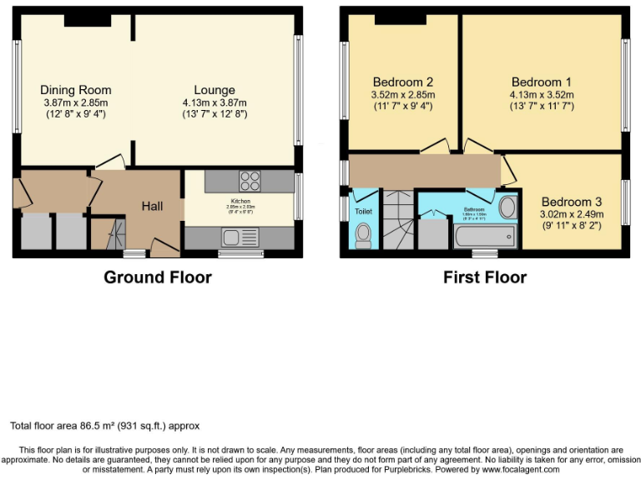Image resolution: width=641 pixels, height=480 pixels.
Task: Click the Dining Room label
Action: click(x=76, y=90)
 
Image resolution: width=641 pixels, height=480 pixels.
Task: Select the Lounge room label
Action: click(x=215, y=90)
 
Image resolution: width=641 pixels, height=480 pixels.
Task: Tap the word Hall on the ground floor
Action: click(x=152, y=207)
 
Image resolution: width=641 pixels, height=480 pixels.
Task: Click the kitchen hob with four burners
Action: click(x=250, y=181)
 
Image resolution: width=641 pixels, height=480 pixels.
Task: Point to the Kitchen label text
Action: click(x=240, y=201)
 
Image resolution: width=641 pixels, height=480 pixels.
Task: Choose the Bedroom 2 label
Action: click(x=402, y=82)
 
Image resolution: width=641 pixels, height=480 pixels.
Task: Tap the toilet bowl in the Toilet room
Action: click(x=363, y=237)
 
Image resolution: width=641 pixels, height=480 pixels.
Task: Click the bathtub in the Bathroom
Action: click(x=485, y=238)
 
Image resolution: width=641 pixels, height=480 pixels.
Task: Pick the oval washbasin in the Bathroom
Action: click(x=506, y=207)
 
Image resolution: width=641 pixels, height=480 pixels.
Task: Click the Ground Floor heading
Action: click(x=157, y=277)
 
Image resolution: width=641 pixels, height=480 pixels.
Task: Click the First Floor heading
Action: click(x=485, y=277)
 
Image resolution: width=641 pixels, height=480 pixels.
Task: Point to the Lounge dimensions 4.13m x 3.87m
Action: click(x=215, y=102)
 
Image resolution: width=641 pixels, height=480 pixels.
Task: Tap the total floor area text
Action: click(x=105, y=426)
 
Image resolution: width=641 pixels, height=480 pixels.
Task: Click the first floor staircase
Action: click(x=398, y=218)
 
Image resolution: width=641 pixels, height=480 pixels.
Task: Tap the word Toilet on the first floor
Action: click(x=363, y=212)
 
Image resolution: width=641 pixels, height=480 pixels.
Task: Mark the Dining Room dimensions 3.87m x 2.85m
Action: click(x=76, y=102)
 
